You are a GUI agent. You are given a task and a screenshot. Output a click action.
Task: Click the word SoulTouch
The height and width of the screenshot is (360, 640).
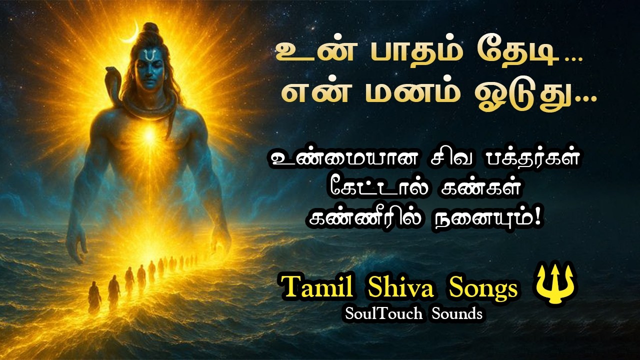(x=380, y=313)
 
